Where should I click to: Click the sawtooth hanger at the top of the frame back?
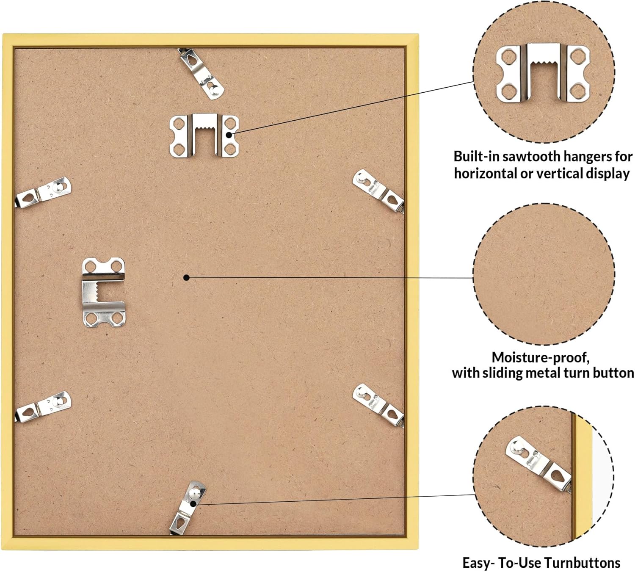(x=204, y=135)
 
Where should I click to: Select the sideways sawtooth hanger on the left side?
(x=104, y=292)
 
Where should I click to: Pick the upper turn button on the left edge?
(x=43, y=192)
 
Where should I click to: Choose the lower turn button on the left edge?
(x=43, y=406)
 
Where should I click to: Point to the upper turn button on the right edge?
(x=378, y=191)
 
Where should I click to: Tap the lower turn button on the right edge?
(x=378, y=405)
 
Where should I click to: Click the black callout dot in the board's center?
(x=186, y=278)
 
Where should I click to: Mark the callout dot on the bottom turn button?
(x=193, y=503)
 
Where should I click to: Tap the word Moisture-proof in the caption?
(x=540, y=358)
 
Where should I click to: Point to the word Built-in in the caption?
(x=476, y=157)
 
